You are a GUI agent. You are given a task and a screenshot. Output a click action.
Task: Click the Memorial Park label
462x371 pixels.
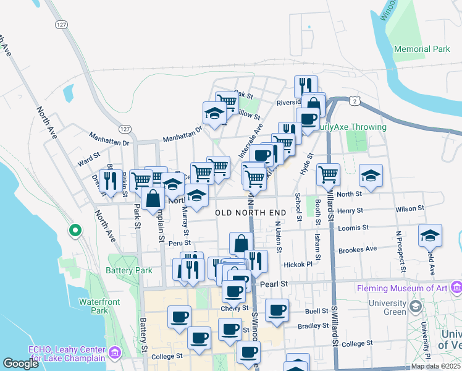point(423,49)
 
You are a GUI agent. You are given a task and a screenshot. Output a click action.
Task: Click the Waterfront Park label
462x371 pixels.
point(94,307)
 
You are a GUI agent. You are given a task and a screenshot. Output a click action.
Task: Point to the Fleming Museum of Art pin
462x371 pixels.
point(456,287)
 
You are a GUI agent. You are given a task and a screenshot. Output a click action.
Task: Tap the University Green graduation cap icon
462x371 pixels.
point(416,306)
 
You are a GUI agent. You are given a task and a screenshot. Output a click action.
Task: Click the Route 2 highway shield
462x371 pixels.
point(354,100)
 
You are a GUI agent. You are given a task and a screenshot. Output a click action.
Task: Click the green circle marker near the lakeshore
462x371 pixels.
point(75,231)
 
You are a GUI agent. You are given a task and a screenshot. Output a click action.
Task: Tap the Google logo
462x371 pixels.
point(21,364)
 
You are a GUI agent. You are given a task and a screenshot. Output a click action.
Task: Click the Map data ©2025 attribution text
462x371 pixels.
point(435,366)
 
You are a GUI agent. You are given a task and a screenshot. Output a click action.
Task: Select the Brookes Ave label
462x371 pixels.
point(357,249)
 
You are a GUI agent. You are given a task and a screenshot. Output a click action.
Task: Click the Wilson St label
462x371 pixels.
point(410,209)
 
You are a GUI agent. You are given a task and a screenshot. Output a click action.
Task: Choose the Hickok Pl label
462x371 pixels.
point(298,264)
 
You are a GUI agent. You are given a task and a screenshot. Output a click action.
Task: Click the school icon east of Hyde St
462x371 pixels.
point(371,176)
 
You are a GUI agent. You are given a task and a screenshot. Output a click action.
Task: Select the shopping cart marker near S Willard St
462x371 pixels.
point(328,174)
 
